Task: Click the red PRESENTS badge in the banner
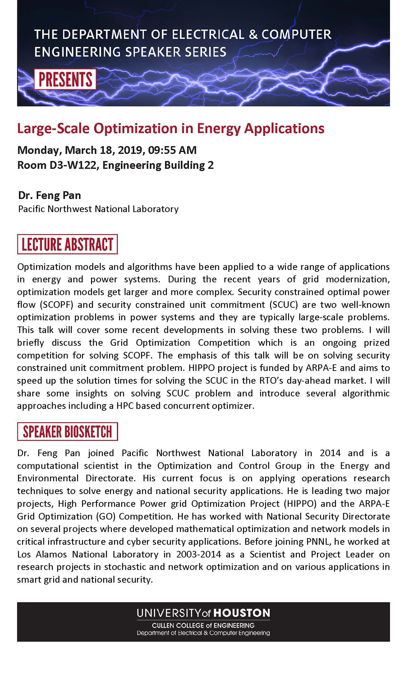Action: tap(65, 79)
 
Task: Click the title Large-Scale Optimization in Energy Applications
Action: tap(171, 128)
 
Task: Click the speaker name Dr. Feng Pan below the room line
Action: tap(50, 195)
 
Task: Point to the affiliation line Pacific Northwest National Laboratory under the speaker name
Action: tap(98, 209)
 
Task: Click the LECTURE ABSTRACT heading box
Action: tap(67, 244)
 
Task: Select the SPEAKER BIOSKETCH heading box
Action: tap(67, 432)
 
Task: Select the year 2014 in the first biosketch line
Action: tap(330, 453)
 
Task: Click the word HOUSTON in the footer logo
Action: tap(242, 613)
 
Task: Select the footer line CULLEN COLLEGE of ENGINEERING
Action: tap(203, 625)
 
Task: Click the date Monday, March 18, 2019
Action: tap(79, 150)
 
